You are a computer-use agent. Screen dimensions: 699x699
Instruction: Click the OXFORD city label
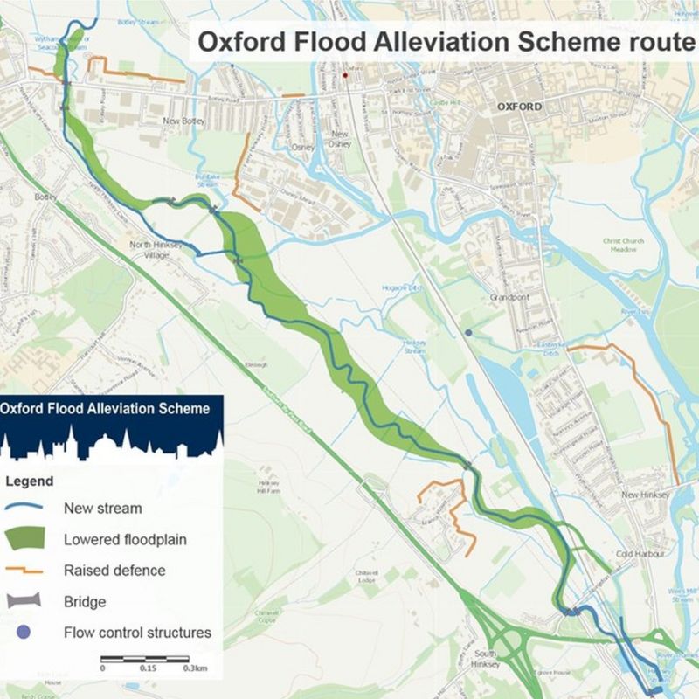click(x=519, y=107)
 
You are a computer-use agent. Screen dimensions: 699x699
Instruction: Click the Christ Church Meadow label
click(x=623, y=245)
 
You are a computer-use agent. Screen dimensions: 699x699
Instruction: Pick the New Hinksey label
click(x=645, y=495)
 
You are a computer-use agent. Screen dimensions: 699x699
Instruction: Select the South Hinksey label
click(x=485, y=658)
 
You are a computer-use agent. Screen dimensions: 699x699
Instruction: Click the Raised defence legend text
click(x=114, y=571)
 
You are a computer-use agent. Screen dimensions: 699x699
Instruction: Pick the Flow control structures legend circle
click(x=25, y=632)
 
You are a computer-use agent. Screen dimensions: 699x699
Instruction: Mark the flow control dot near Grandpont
click(x=469, y=333)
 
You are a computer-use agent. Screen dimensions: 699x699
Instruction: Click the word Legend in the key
click(x=30, y=481)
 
